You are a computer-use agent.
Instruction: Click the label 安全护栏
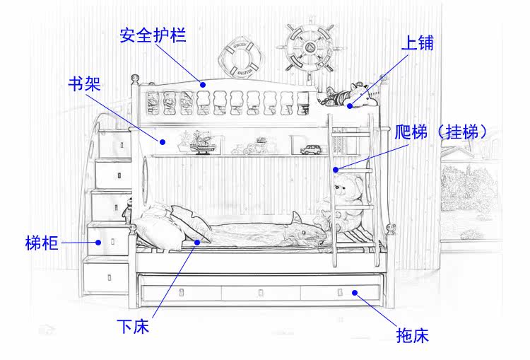153,35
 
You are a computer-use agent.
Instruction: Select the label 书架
83,84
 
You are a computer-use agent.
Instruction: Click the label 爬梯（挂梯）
441,132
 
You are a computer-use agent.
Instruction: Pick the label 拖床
412,335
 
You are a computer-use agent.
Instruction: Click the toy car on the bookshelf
311,150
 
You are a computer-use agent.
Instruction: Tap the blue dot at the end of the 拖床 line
355,291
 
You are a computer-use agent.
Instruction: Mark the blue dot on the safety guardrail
203,85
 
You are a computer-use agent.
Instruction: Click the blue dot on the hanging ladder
337,169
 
